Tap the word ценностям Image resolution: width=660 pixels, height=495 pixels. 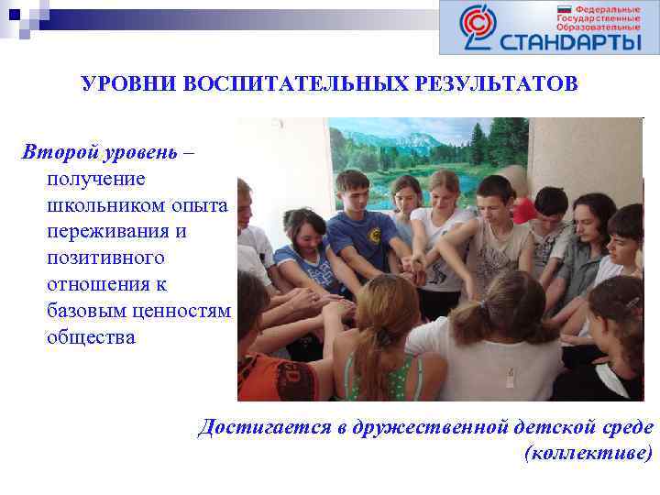point(180,311)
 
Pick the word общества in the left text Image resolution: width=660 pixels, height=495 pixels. point(91,337)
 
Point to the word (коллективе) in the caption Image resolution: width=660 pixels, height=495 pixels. point(588,453)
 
